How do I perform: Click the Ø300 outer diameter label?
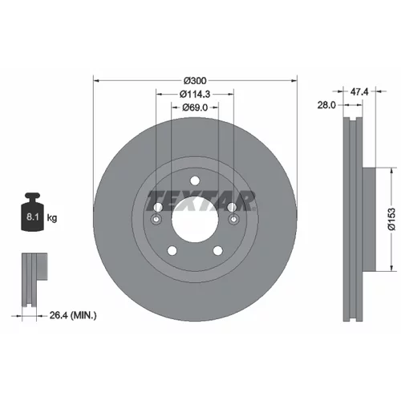click(195, 80)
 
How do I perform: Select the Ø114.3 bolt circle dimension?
click(195, 94)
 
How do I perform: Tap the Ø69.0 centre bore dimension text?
click(195, 107)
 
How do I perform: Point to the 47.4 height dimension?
click(359, 92)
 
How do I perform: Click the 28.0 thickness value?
click(326, 105)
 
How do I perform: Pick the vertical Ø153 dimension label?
click(391, 219)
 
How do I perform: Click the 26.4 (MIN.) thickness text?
click(73, 315)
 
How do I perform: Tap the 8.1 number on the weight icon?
click(33, 217)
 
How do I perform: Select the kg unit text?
click(52, 218)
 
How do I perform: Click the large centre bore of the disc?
click(195, 219)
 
